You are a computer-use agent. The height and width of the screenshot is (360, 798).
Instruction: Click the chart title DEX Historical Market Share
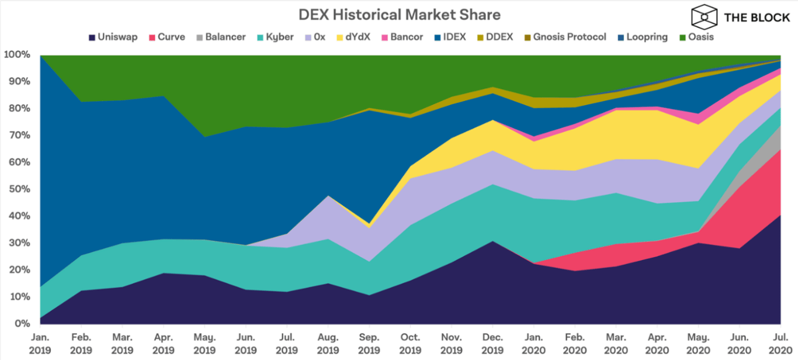(x=399, y=14)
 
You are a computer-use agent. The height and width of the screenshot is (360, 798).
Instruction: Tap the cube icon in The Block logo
(x=705, y=17)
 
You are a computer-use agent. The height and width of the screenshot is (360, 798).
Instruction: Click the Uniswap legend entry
(x=113, y=37)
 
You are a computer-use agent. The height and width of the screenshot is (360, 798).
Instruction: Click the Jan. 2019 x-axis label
(x=40, y=344)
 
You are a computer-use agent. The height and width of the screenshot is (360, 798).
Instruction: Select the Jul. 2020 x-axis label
(x=780, y=344)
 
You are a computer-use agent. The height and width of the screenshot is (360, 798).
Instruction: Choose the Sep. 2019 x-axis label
(x=368, y=344)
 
